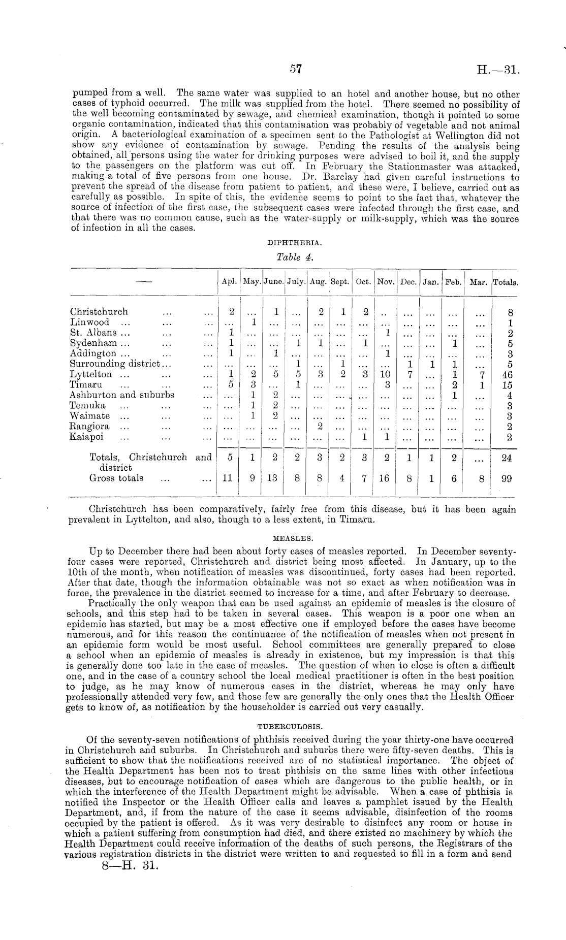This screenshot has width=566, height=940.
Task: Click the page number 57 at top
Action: click(295, 70)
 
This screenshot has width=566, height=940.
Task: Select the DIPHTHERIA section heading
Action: click(295, 243)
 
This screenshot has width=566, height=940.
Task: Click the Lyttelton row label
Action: click(91, 374)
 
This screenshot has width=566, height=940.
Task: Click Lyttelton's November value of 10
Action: click(385, 375)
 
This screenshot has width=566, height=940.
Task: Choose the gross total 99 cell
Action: click(506, 478)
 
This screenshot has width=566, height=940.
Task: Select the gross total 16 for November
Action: click(385, 478)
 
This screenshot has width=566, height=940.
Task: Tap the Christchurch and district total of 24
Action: click(506, 458)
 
